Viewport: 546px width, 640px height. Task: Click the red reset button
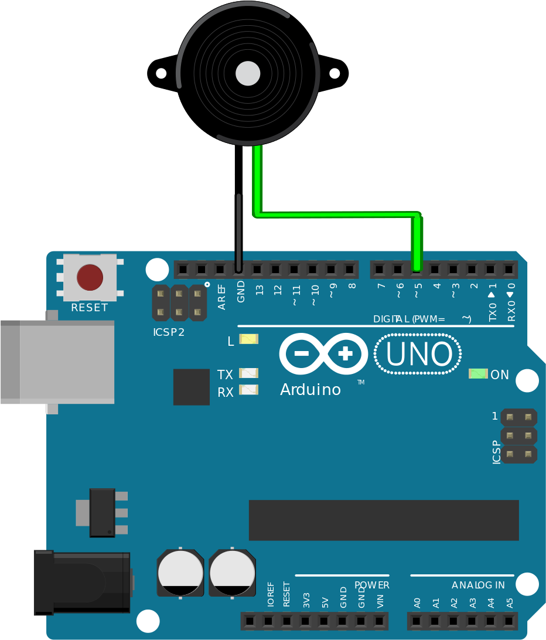tap(90, 277)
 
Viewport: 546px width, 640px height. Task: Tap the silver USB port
tap(57, 362)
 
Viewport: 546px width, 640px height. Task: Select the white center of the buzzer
tap(248, 73)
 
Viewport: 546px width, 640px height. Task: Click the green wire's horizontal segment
tap(337, 214)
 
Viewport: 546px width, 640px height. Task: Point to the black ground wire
tap(238, 208)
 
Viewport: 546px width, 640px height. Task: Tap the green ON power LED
tap(478, 373)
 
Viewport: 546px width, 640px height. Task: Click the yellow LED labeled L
tap(248, 339)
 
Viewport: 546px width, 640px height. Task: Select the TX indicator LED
tap(248, 373)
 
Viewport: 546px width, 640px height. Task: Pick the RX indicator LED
tap(248, 390)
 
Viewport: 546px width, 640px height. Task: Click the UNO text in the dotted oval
tap(419, 354)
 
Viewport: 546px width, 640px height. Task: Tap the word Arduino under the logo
tap(310, 390)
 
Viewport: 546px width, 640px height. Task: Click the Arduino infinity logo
tap(323, 354)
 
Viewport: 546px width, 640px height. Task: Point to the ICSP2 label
tap(169, 332)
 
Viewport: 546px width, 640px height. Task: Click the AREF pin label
tap(221, 297)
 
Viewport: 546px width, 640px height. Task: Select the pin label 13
tap(260, 290)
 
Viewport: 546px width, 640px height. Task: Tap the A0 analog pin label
tap(417, 603)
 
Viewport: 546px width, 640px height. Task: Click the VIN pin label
tap(380, 601)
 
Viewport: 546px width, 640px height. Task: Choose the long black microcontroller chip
tap(384, 520)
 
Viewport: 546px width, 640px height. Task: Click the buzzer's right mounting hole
tap(335, 73)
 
